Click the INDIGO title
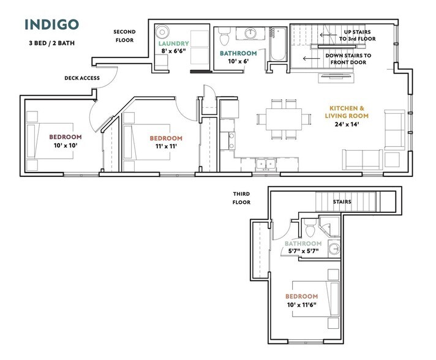pos(51,24)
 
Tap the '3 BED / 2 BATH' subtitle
pos(51,43)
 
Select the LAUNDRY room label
pos(173,43)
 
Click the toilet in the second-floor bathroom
pos(224,36)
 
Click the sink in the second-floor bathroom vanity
pos(251,34)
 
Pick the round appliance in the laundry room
pos(162,32)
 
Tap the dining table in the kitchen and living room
pos(284,119)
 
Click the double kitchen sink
pos(266,163)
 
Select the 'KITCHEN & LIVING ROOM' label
pos(347,112)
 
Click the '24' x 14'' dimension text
pos(347,124)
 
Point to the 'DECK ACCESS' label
pos(82,78)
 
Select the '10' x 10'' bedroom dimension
pos(66,145)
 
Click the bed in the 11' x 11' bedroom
pos(146,142)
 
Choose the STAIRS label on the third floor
pos(342,201)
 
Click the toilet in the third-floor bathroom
pos(309,228)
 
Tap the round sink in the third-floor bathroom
pos(334,248)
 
